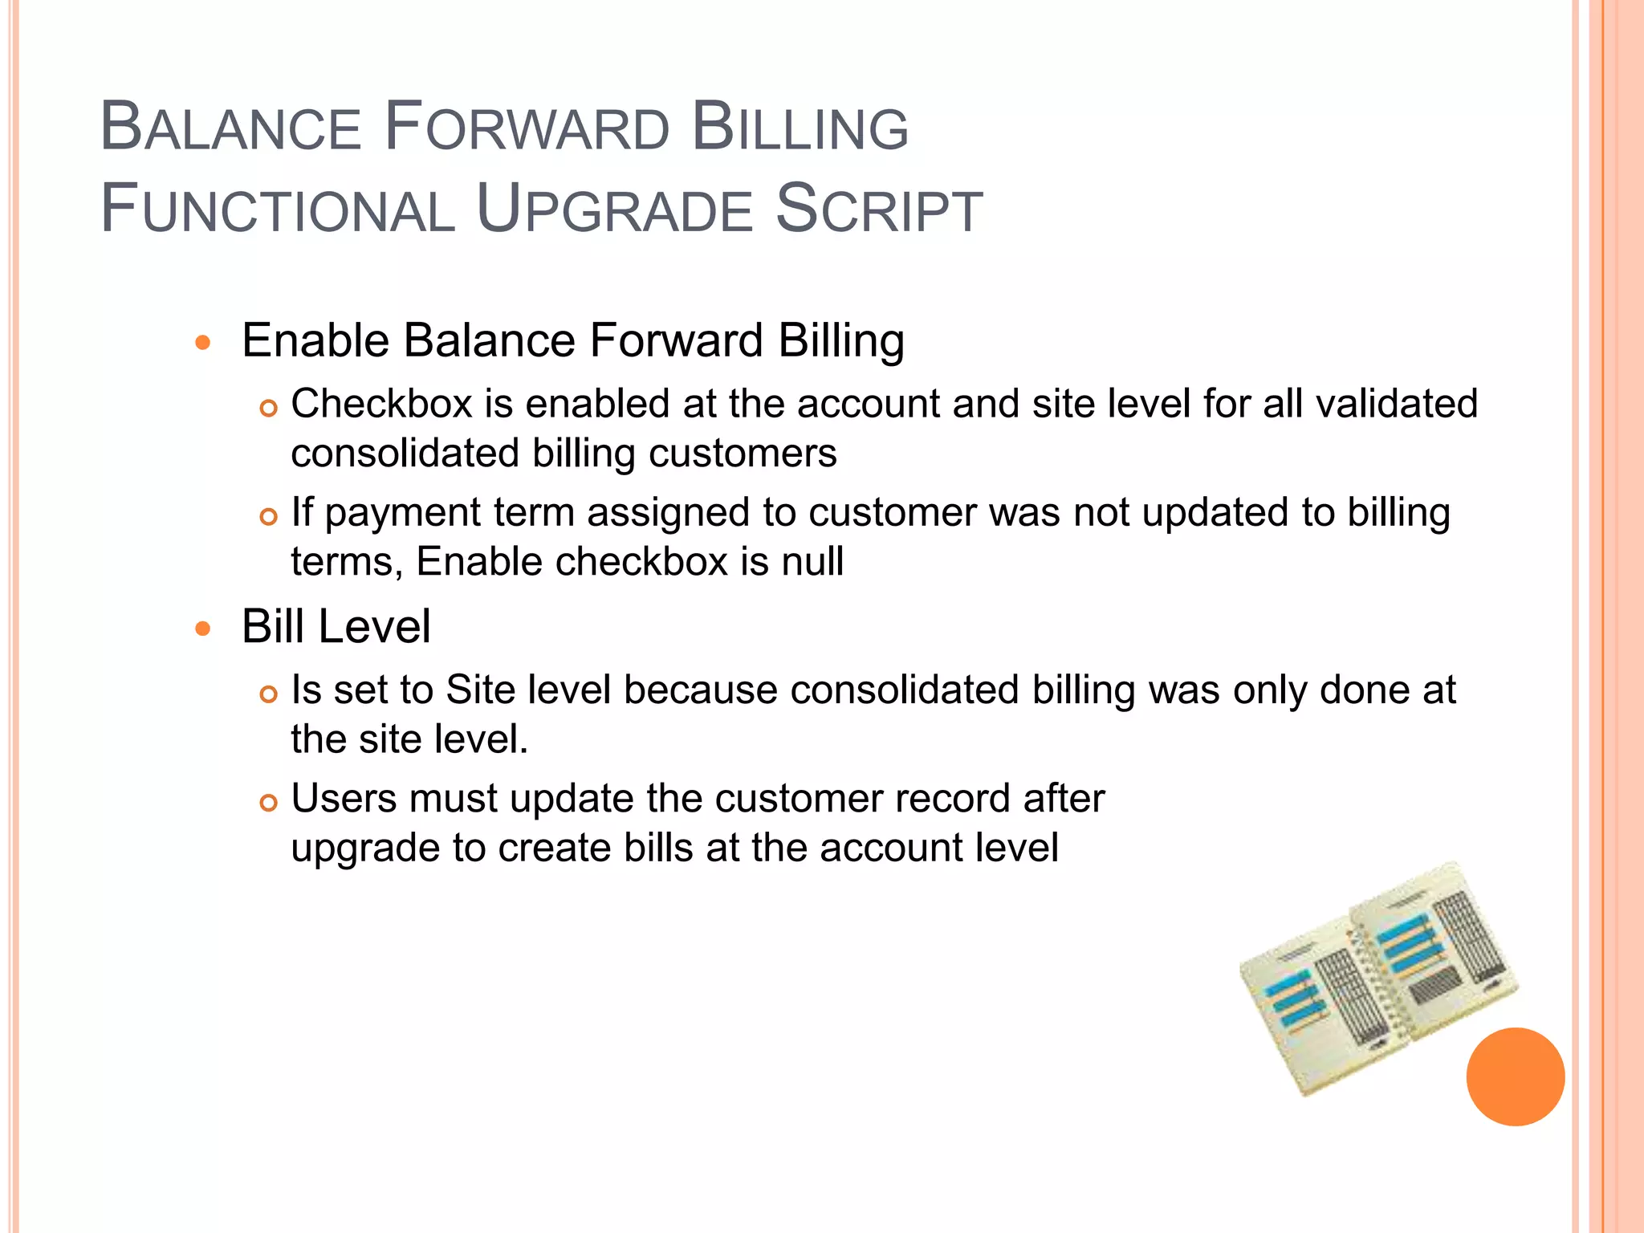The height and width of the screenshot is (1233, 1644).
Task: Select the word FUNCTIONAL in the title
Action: tap(277, 210)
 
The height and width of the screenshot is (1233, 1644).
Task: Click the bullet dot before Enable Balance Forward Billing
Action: tap(203, 343)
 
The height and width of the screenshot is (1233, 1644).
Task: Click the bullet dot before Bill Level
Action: tap(203, 629)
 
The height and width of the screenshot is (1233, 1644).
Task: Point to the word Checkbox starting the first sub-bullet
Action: tap(381, 404)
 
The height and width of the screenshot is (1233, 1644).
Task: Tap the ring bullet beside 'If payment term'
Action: tap(269, 516)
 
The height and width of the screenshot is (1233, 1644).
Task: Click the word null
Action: tap(812, 561)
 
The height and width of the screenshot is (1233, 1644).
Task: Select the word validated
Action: tap(1397, 404)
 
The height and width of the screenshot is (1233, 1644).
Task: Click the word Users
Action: tap(344, 799)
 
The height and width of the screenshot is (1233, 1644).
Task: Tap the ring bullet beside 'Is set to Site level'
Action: tap(269, 694)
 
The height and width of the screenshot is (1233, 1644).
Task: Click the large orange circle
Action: tap(1515, 1076)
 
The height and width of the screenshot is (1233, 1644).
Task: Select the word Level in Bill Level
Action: tap(375, 627)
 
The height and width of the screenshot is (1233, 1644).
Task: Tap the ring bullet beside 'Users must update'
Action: tap(269, 803)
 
